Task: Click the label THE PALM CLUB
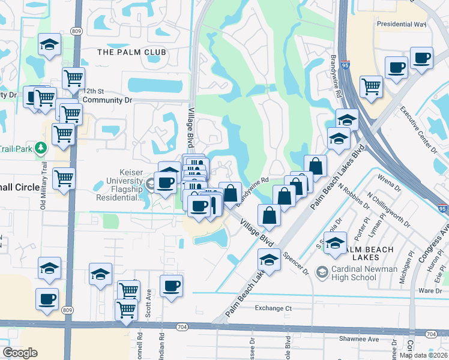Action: tap(131, 52)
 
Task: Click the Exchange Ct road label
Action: tap(273, 308)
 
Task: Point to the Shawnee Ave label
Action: tap(378, 339)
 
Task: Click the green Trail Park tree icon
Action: tap(41, 147)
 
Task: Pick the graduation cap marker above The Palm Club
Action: tap(49, 44)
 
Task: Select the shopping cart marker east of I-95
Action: tap(372, 86)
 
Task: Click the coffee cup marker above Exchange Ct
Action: tap(171, 284)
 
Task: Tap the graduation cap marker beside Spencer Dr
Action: tap(269, 260)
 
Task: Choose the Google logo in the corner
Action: tap(20, 353)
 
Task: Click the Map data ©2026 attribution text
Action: tap(423, 355)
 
